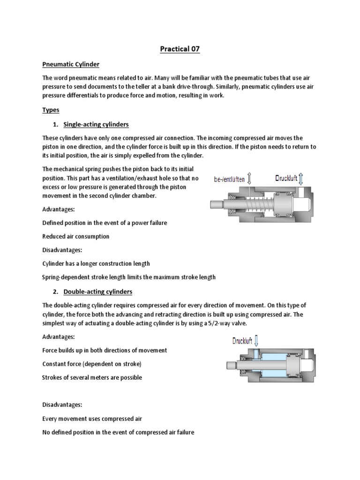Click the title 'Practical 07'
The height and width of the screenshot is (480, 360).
pyautogui.click(x=180, y=49)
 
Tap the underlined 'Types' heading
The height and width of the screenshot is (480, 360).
pyautogui.click(x=51, y=109)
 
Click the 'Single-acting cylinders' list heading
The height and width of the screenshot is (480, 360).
pyautogui.click(x=96, y=125)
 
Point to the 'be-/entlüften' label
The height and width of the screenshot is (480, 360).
pyautogui.click(x=229, y=179)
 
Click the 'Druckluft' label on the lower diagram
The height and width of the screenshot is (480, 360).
pyautogui.click(x=246, y=341)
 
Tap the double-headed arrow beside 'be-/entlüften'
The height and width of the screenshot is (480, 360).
pyautogui.click(x=249, y=178)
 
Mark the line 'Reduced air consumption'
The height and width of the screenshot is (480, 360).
pyautogui.click(x=75, y=236)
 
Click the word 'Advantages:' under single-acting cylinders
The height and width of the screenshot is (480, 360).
pyautogui.click(x=59, y=209)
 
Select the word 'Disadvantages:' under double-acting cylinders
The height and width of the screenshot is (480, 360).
pyautogui.click(x=62, y=405)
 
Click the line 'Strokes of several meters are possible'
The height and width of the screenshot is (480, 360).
pyautogui.click(x=92, y=377)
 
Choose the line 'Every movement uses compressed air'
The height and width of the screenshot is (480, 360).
pyautogui.click(x=92, y=418)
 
